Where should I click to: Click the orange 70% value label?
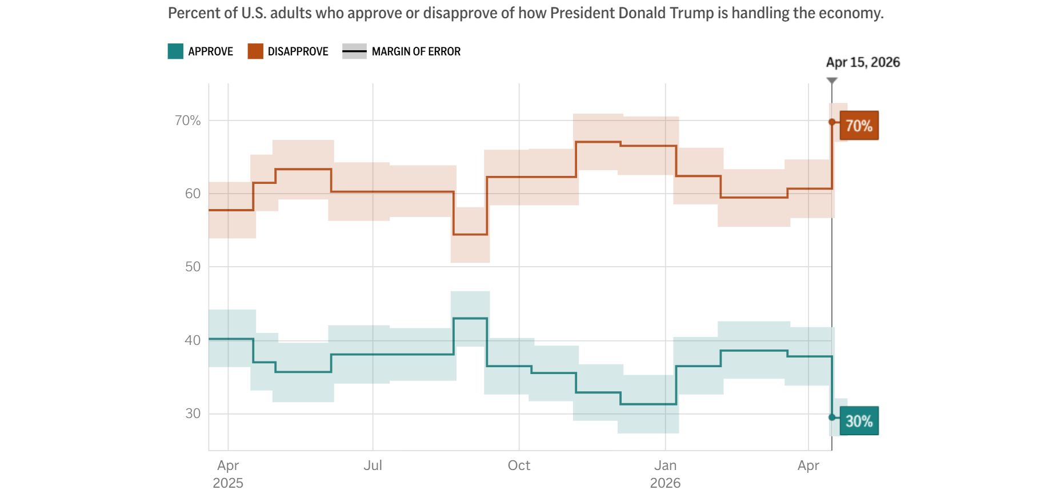[859, 126]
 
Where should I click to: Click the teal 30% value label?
[859, 421]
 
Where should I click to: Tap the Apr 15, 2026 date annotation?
[863, 62]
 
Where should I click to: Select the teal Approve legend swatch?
[175, 51]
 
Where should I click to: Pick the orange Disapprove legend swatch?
[255, 51]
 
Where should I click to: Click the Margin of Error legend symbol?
[354, 51]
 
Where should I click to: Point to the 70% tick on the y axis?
[187, 121]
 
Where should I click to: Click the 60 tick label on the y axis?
[193, 194]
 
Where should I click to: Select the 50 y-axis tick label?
[193, 267]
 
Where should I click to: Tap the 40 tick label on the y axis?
[193, 340]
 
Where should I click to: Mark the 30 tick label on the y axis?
[193, 413]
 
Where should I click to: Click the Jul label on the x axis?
[373, 465]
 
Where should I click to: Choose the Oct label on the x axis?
[519, 465]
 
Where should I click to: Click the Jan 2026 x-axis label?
[665, 474]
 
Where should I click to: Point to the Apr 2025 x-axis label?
[228, 474]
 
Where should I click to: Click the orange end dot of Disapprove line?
[832, 122]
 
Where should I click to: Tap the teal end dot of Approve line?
[832, 417]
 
